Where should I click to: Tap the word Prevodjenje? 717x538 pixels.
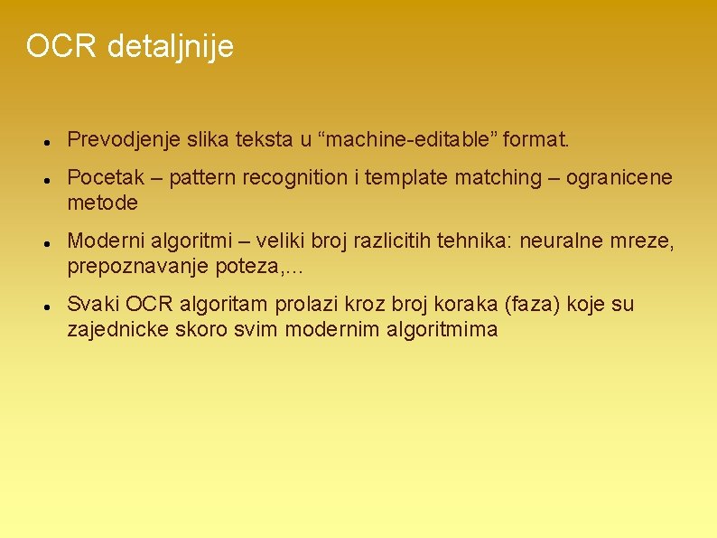(121, 140)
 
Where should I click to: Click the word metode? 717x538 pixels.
(103, 203)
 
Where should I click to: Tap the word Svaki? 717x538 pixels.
(93, 305)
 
